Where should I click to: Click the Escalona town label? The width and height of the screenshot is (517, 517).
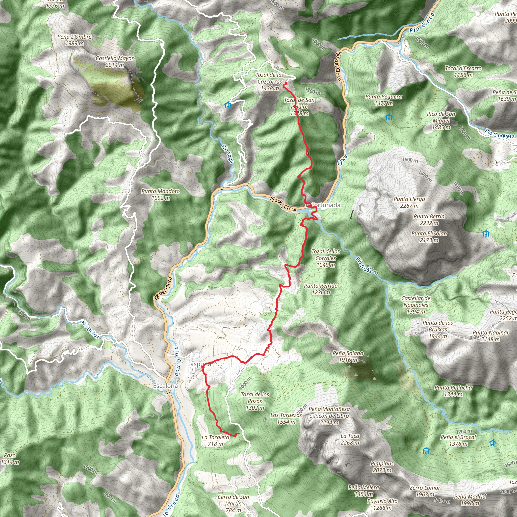pyautogui.click(x=165, y=386)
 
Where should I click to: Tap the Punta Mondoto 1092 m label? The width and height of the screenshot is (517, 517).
pyautogui.click(x=161, y=195)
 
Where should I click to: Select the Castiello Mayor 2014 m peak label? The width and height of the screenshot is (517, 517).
pyautogui.click(x=115, y=62)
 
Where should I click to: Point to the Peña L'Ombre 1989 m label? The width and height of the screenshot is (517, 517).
pyautogui.click(x=74, y=40)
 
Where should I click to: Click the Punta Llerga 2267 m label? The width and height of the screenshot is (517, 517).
pyautogui.click(x=409, y=202)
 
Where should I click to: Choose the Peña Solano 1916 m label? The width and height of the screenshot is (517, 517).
pyautogui.click(x=348, y=356)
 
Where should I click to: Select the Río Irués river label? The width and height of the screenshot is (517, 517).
pyautogui.click(x=364, y=265)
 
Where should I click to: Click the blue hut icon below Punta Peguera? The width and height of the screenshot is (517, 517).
pyautogui.click(x=389, y=117)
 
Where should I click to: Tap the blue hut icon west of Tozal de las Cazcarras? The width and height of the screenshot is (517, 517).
pyautogui.click(x=228, y=105)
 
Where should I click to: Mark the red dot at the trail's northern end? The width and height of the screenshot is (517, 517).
pyautogui.click(x=285, y=84)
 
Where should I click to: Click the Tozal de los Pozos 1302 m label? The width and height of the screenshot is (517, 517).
pyautogui.click(x=255, y=401)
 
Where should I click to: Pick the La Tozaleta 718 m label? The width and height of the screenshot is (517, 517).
pyautogui.click(x=215, y=441)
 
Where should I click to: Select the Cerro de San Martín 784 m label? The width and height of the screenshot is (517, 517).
pyautogui.click(x=233, y=503)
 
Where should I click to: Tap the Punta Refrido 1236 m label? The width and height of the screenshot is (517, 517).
pyautogui.click(x=321, y=289)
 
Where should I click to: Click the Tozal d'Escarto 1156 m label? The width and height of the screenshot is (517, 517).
pyautogui.click(x=463, y=71)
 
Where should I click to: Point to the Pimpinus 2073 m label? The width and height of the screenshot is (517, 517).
pyautogui.click(x=382, y=467)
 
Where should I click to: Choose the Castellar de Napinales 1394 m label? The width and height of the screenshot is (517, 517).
pyautogui.click(x=416, y=305)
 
